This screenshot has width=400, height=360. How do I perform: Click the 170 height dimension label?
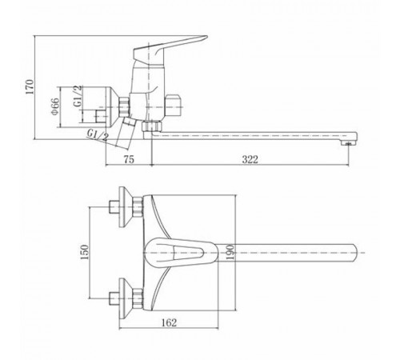point(30,86)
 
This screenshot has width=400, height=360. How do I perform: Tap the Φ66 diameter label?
point(55,106)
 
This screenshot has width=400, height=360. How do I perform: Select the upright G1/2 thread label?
point(78,96)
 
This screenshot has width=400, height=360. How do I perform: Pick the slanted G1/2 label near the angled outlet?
point(98,135)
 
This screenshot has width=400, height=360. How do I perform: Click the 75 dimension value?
point(129,159)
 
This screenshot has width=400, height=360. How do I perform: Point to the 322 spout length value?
point(250,159)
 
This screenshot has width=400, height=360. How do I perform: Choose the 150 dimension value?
point(84,252)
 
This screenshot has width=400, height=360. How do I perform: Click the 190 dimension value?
point(231,252)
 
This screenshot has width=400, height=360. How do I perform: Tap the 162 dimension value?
point(169,322)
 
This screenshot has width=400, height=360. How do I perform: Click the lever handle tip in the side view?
point(205,38)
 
